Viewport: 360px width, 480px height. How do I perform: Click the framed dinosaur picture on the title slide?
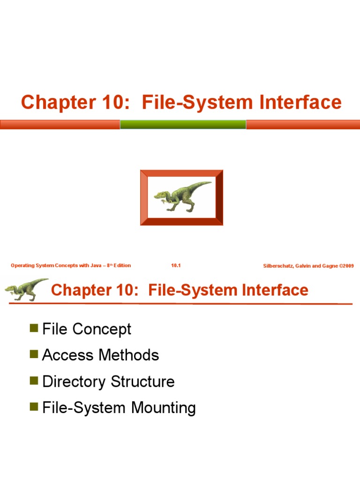point(181,197)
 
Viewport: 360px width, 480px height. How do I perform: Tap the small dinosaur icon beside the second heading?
point(26,290)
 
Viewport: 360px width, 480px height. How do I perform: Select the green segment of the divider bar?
point(183,124)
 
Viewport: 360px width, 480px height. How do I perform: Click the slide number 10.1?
point(176,266)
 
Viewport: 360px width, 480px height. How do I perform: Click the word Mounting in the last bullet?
point(163,408)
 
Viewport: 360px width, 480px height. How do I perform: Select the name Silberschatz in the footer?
point(280,266)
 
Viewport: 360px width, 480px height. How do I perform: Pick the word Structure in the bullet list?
point(142,382)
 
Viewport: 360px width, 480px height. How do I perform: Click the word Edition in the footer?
point(122,266)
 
